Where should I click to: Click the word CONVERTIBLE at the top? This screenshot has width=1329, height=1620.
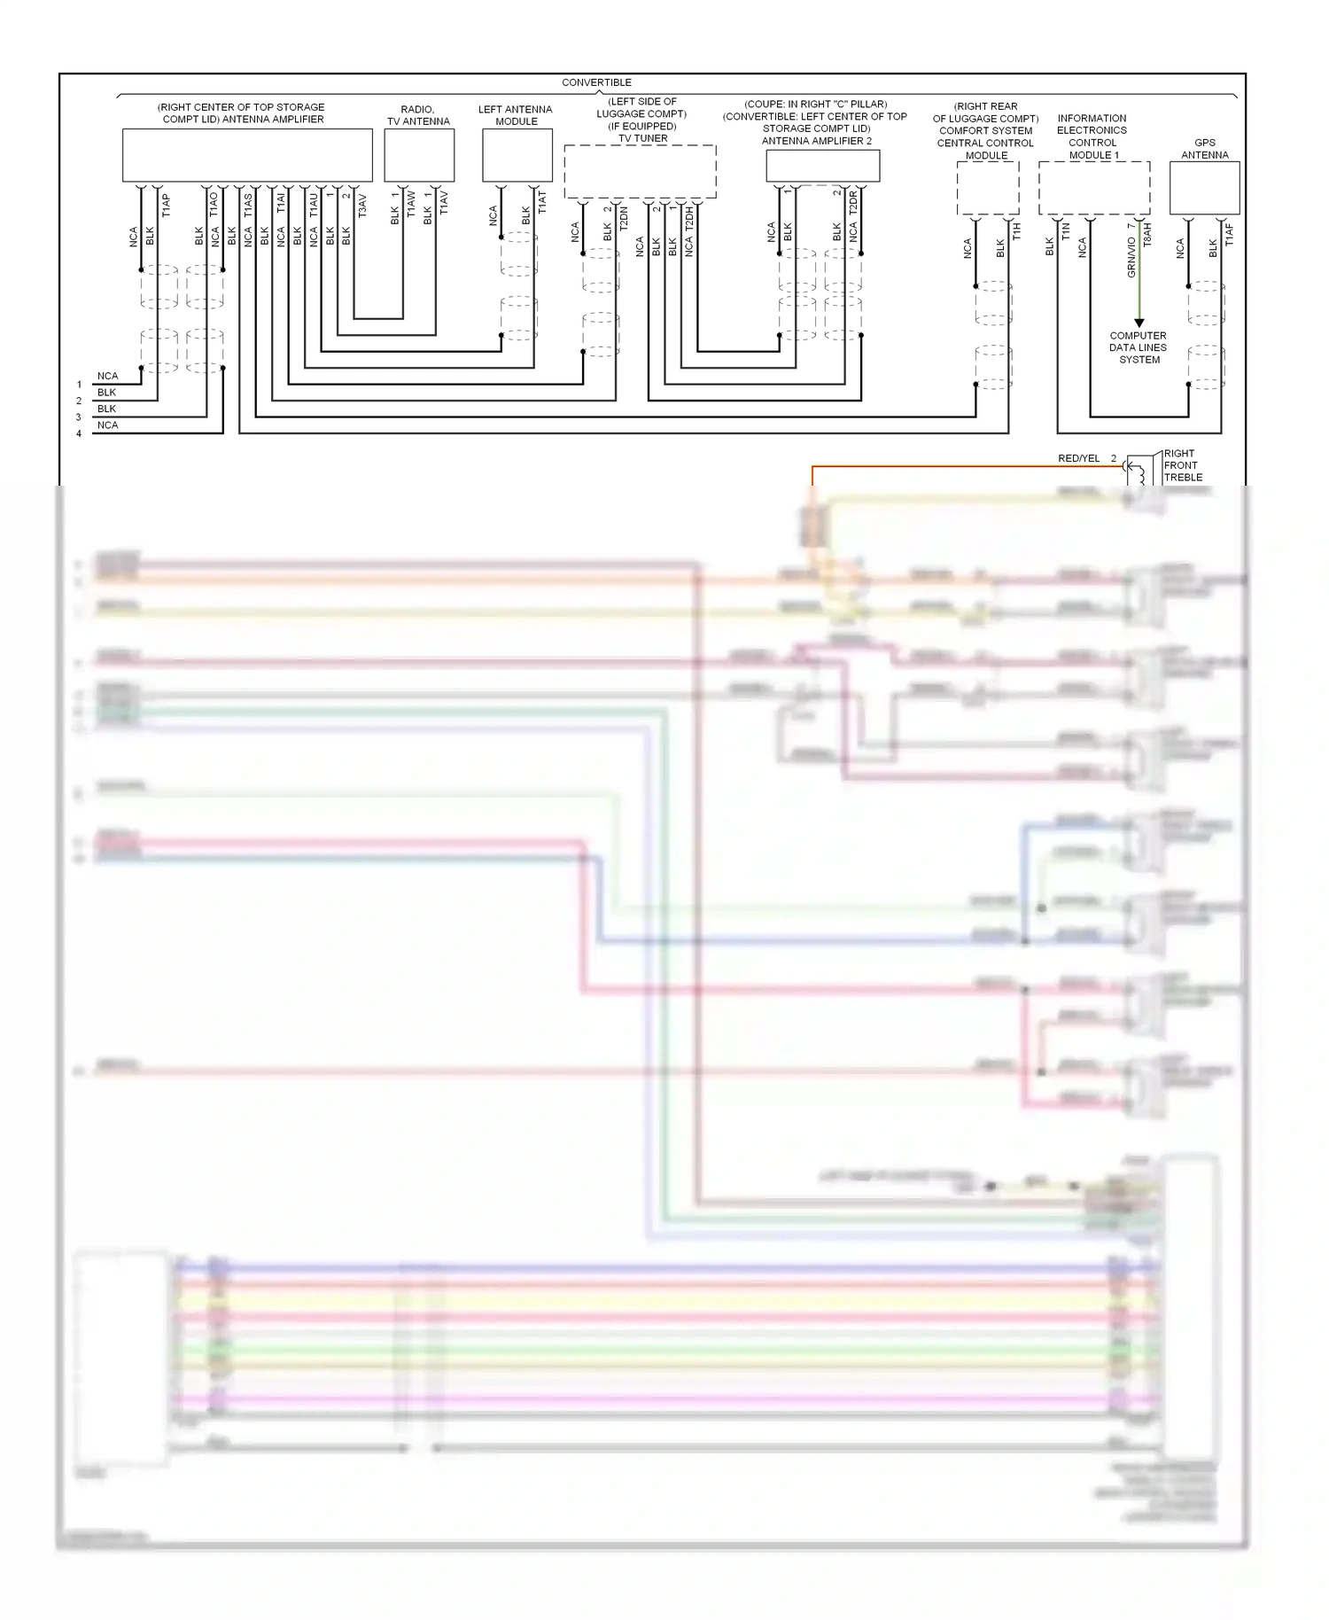(x=596, y=82)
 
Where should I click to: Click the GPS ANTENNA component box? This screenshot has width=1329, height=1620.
(x=1204, y=188)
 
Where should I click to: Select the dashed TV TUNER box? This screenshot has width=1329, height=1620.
(x=640, y=171)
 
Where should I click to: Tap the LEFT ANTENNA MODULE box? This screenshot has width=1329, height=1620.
(x=517, y=156)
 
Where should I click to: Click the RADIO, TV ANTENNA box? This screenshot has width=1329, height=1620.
(x=419, y=156)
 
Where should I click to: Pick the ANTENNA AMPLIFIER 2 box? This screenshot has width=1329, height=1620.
(x=822, y=166)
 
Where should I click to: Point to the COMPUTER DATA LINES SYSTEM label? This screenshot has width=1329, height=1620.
(x=1139, y=347)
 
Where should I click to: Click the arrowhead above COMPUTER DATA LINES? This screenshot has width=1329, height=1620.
(x=1139, y=323)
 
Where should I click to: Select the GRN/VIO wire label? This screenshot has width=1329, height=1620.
(x=1131, y=257)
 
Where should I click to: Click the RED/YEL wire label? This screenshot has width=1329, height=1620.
(x=1078, y=458)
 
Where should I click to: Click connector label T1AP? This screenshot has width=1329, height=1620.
(x=166, y=206)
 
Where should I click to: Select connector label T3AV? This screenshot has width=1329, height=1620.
(x=362, y=206)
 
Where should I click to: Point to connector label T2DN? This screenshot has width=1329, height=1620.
(x=624, y=219)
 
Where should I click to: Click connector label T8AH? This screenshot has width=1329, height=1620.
(x=1147, y=235)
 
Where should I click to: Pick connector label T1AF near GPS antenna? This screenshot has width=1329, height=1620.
(x=1229, y=235)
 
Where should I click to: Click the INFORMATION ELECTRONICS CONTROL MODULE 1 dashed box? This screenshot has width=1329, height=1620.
(x=1094, y=188)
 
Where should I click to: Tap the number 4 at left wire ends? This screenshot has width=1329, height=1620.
(x=79, y=433)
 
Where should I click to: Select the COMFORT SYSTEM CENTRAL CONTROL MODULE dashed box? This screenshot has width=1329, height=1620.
(x=987, y=188)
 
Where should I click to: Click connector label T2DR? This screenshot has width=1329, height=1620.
(x=853, y=203)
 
